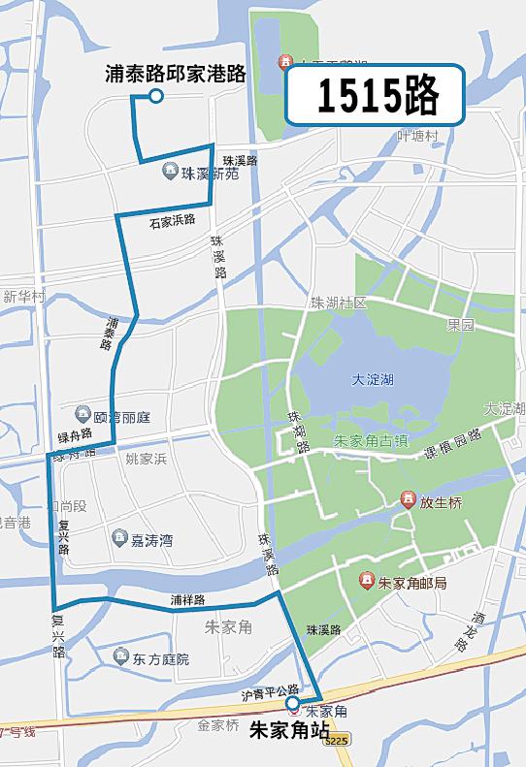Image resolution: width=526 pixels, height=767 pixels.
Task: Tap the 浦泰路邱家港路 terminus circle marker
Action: (x=155, y=96)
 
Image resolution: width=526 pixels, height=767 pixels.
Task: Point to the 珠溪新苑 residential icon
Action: (x=171, y=171)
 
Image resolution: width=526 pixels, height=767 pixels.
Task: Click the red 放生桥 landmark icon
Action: (x=409, y=500)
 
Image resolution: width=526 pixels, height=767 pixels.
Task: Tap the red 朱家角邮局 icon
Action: (x=367, y=582)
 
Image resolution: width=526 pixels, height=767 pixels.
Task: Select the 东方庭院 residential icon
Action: (x=120, y=657)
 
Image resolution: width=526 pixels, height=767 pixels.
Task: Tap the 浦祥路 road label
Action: (x=187, y=600)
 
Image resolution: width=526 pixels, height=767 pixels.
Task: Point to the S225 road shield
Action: (x=336, y=740)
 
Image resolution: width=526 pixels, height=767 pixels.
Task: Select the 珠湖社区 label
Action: (x=339, y=303)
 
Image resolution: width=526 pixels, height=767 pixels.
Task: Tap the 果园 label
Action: (x=460, y=326)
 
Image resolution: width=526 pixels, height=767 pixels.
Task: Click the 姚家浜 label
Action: (x=147, y=458)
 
